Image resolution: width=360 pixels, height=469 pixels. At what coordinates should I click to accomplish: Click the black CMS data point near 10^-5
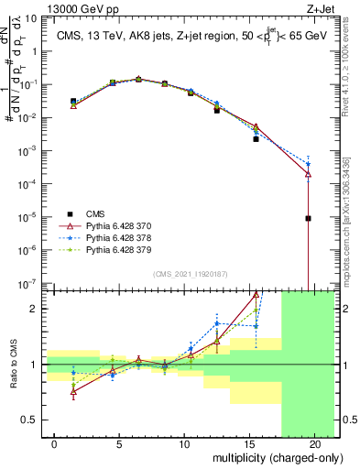309,218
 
